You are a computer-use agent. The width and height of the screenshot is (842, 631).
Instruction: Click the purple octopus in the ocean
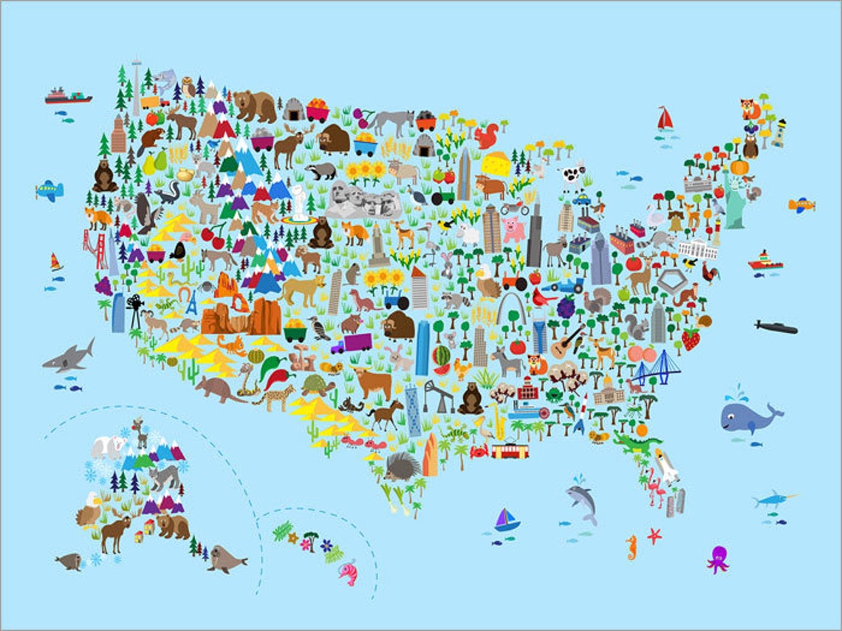(716, 559)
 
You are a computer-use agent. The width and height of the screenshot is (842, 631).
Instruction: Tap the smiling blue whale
(747, 418)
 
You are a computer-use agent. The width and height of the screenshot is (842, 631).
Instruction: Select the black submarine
(776, 327)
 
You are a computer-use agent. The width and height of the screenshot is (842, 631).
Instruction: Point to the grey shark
(69, 357)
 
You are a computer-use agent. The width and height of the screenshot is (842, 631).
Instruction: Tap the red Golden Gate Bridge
(96, 249)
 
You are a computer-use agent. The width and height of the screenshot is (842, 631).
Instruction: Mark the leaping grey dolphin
(581, 502)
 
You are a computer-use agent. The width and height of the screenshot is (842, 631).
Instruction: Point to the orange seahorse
(630, 547)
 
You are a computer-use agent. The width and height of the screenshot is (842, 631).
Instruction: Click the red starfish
(654, 536)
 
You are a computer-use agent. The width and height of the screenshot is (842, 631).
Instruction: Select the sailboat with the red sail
(665, 118)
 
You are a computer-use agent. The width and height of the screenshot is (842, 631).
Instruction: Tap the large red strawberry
(691, 339)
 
